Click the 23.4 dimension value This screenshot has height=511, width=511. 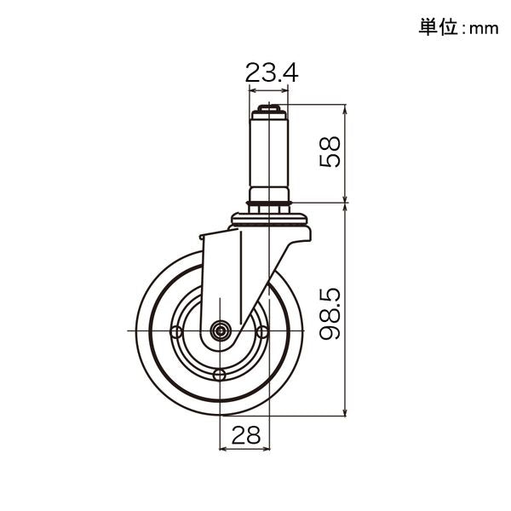[x=272, y=73]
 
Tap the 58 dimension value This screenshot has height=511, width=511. [x=330, y=152]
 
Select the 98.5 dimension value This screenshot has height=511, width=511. [x=330, y=313]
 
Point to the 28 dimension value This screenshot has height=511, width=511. [x=246, y=434]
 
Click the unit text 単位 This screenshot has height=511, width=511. [x=439, y=27]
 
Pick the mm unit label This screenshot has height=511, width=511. [x=484, y=29]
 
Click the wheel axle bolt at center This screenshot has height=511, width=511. [x=221, y=331]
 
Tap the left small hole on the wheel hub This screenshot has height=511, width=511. [x=176, y=332]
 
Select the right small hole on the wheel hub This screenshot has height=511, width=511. [x=262, y=332]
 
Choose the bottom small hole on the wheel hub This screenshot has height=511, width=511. [x=220, y=375]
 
